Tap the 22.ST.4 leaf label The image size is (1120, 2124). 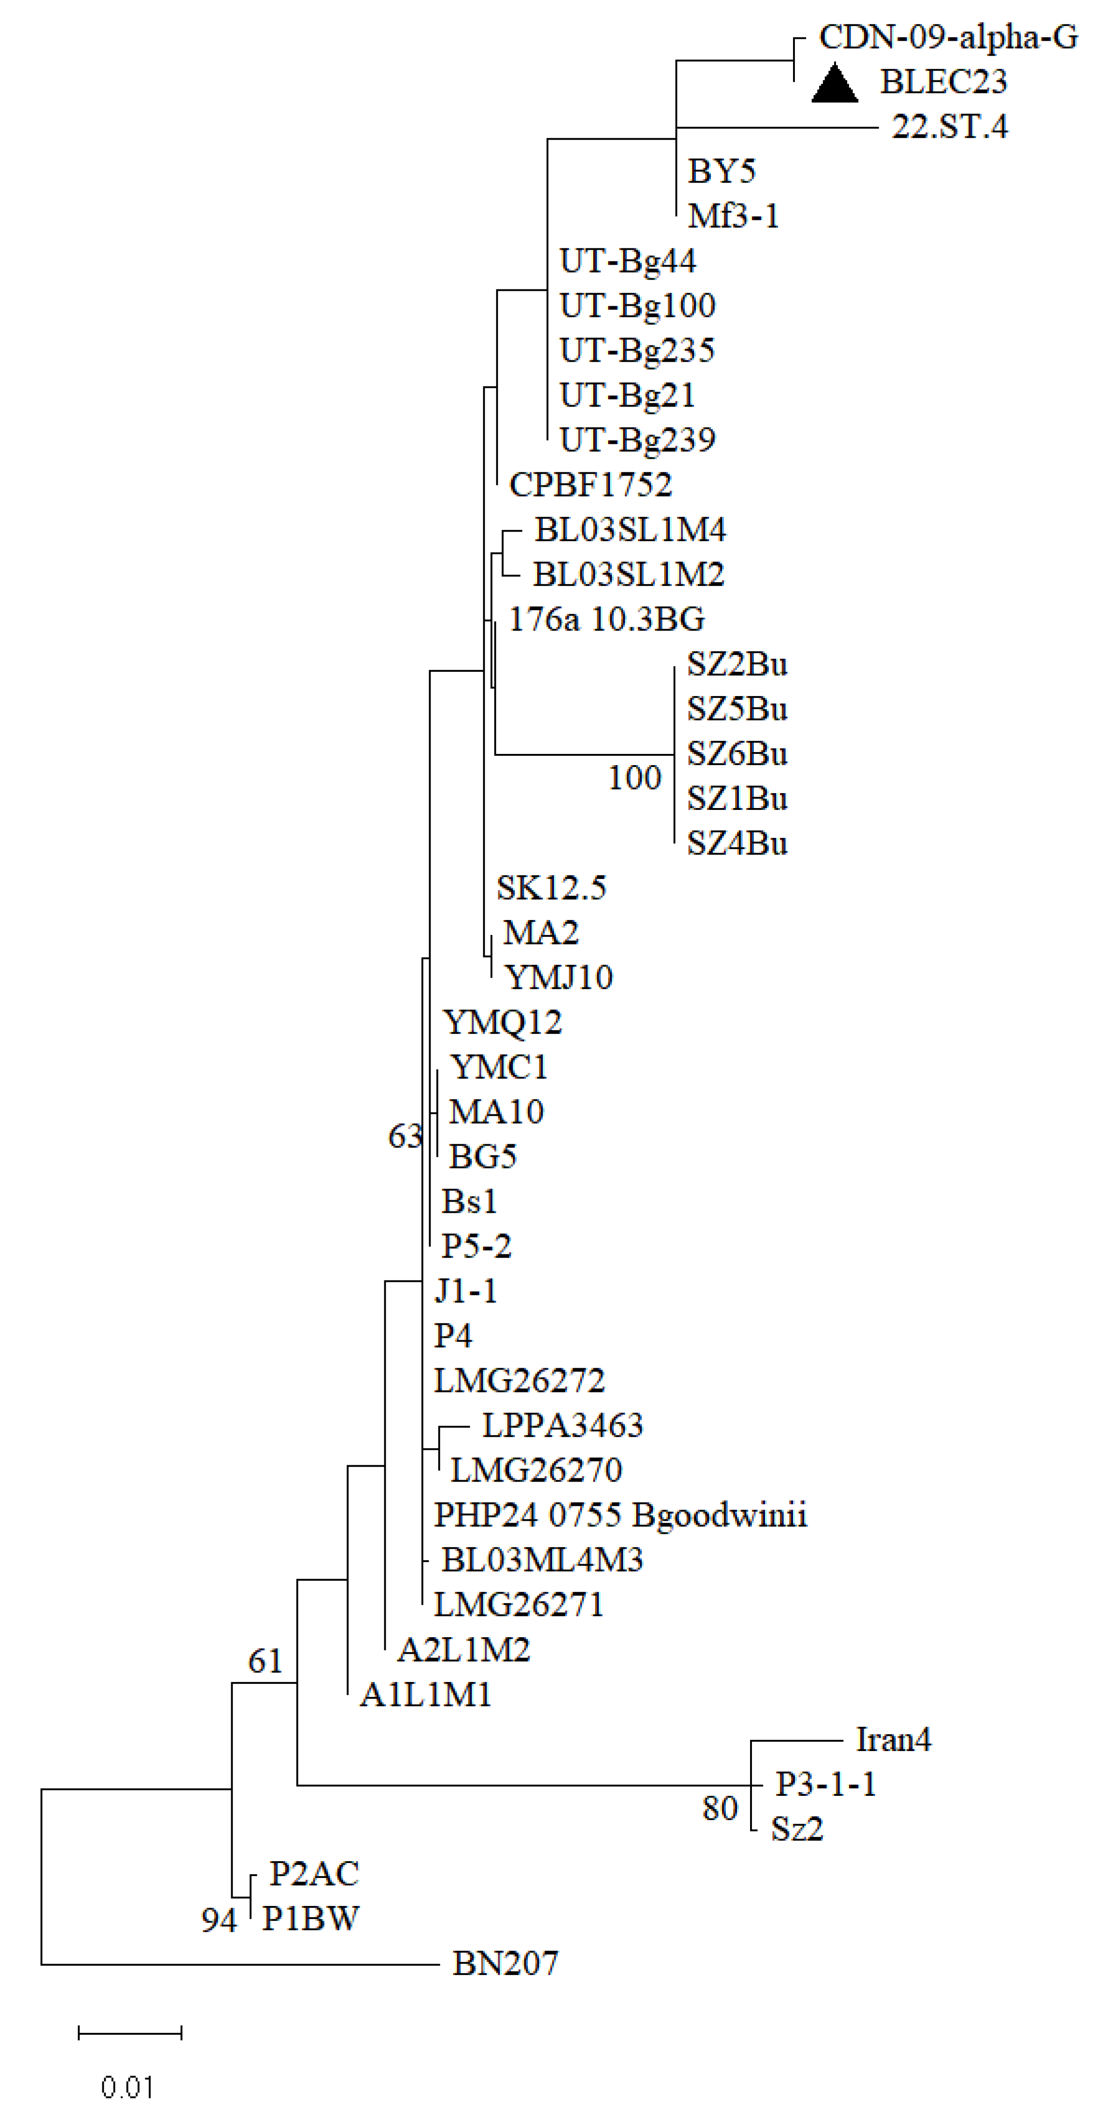pyautogui.click(x=949, y=127)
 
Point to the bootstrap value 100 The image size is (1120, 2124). pyautogui.click(x=634, y=778)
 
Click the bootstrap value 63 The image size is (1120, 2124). pyautogui.click(x=404, y=1136)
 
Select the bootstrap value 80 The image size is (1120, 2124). pyautogui.click(x=719, y=1808)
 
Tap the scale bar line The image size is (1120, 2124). pyautogui.click(x=129, y=2033)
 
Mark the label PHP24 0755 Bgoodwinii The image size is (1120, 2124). pyautogui.click(x=620, y=1515)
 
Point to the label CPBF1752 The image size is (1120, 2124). pyautogui.click(x=590, y=485)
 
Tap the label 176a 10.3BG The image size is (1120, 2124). pyautogui.click(x=606, y=619)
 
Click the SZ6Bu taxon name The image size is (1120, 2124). pyautogui.click(x=737, y=753)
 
